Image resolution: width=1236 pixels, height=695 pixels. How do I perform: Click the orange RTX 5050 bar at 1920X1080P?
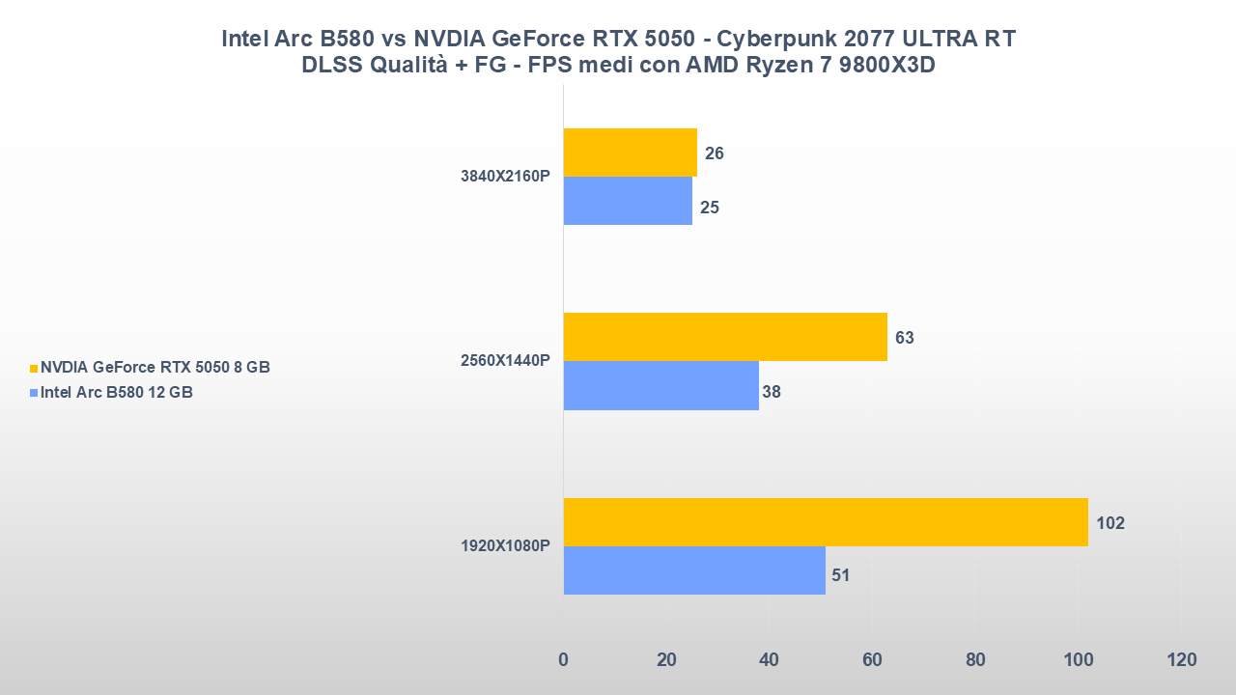click(x=826, y=522)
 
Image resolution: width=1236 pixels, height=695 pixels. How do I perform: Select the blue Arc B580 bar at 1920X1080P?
click(x=694, y=570)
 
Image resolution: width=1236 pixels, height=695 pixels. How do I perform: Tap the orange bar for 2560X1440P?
click(x=725, y=337)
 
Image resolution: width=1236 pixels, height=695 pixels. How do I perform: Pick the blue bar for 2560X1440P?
click(x=661, y=385)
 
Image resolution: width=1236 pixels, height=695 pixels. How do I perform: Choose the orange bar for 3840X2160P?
click(x=631, y=153)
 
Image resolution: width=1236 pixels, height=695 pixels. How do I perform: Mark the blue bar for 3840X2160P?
click(x=628, y=201)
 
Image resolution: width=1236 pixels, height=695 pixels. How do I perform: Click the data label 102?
click(x=1110, y=523)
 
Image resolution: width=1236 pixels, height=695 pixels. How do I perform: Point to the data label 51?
click(x=840, y=575)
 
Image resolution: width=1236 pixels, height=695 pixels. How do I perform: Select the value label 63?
click(x=905, y=338)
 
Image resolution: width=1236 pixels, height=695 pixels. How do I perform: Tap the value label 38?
click(x=771, y=392)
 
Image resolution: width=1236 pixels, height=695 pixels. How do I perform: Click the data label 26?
click(x=715, y=153)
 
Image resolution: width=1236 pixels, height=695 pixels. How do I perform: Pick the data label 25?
click(x=710, y=208)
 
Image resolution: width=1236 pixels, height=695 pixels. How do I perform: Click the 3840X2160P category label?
click(x=505, y=178)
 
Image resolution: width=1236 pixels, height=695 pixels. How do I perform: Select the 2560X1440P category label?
click(x=505, y=361)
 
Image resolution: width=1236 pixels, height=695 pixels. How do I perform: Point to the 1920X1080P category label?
click(x=505, y=546)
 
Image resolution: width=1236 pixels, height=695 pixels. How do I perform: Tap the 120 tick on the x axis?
click(x=1181, y=660)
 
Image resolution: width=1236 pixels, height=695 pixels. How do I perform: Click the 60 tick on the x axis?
click(x=872, y=660)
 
